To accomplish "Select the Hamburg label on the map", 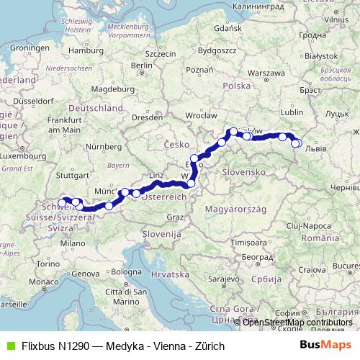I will [x=91, y=51].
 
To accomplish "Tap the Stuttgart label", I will [x=71, y=174].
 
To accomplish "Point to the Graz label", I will [x=174, y=216].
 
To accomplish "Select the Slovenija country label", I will [x=161, y=234].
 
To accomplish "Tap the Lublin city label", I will [x=290, y=112].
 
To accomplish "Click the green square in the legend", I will [x=9, y=346].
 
